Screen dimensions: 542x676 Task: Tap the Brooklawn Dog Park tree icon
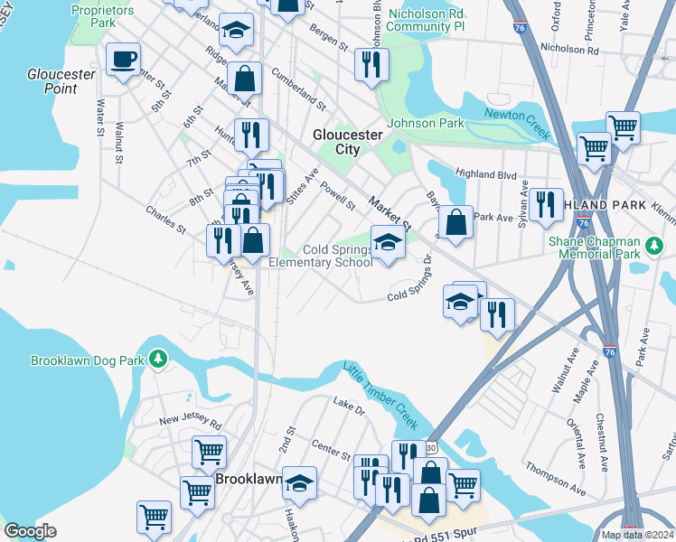[159, 360]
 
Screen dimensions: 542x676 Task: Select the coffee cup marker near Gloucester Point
[123, 61]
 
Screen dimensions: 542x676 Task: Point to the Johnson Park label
[425, 124]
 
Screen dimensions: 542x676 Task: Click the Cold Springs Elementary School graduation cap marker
[388, 243]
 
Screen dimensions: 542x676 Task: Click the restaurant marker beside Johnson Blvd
[371, 63]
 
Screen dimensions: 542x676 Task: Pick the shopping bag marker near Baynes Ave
[456, 220]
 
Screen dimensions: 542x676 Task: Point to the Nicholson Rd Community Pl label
[426, 20]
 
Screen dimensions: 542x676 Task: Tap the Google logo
[30, 530]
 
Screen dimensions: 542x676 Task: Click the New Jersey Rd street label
[190, 421]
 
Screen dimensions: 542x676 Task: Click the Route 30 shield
[430, 447]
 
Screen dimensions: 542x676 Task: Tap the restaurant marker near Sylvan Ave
[546, 204]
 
